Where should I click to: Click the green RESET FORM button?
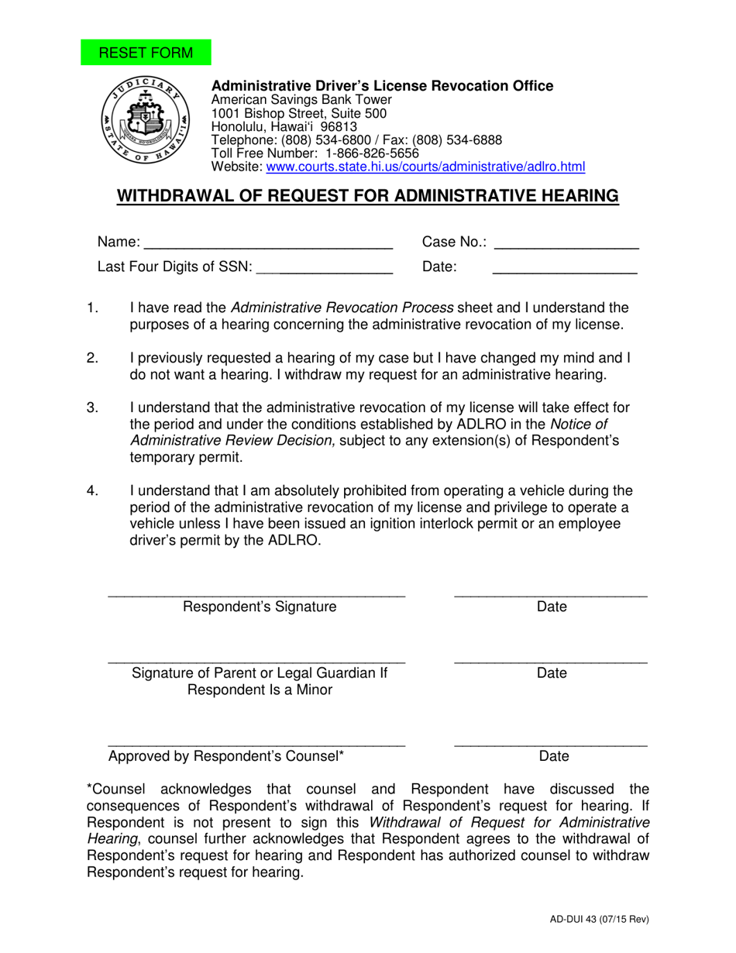pyautogui.click(x=146, y=53)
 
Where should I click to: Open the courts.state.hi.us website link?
pyautogui.click(x=425, y=167)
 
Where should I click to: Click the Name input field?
pyautogui.click(x=268, y=242)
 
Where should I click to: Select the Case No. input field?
pyautogui.click(x=566, y=242)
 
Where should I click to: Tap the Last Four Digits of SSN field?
pyautogui.click(x=324, y=267)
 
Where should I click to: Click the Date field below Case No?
pyautogui.click(x=564, y=267)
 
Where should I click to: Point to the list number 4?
pyautogui.click(x=92, y=490)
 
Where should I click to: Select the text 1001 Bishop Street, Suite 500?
pyautogui.click(x=299, y=113)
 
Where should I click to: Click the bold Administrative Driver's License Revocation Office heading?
pyautogui.click(x=383, y=86)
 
